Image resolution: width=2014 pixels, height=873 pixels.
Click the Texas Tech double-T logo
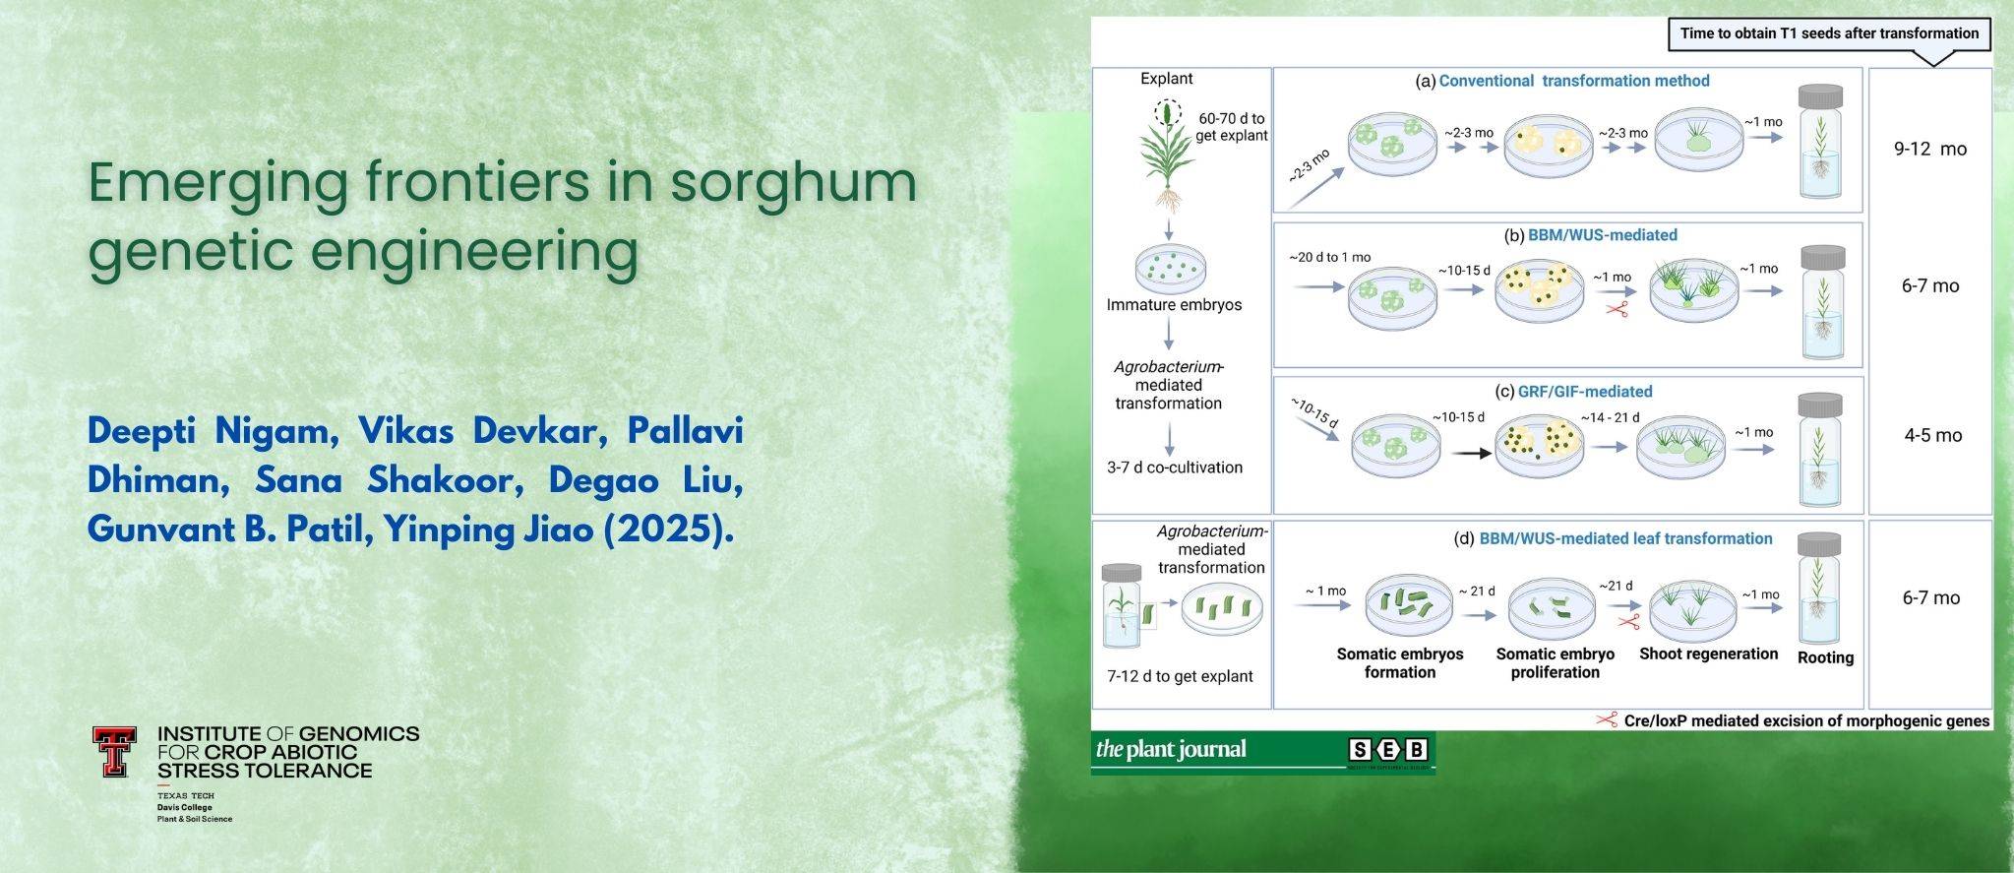(x=114, y=752)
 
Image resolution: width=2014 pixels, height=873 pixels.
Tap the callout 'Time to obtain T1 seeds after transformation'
(x=1829, y=33)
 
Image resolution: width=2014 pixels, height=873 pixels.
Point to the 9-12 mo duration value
(x=1930, y=150)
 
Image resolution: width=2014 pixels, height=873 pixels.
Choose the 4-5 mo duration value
(x=1932, y=435)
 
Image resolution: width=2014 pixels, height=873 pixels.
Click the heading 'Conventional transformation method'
(x=1574, y=81)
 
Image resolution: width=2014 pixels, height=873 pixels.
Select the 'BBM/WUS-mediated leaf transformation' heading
(x=1625, y=538)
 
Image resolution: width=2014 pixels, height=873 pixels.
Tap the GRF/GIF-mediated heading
(x=1585, y=391)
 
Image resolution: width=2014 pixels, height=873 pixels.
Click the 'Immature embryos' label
(x=1174, y=305)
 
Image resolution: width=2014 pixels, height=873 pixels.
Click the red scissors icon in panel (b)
(x=1617, y=309)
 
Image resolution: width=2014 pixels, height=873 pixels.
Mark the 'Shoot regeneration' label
(x=1708, y=654)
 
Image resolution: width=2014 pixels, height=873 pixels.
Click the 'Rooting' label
(x=1825, y=657)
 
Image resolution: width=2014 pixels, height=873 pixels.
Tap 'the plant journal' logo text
(x=1171, y=750)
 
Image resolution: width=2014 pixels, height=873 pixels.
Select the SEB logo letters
(x=1387, y=751)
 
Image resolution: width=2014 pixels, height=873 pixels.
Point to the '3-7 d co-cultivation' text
(x=1174, y=468)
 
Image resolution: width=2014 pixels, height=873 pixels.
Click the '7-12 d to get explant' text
(x=1180, y=676)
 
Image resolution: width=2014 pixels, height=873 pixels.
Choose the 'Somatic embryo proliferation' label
(x=1555, y=662)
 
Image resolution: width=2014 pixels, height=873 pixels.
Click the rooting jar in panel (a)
(x=1822, y=141)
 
